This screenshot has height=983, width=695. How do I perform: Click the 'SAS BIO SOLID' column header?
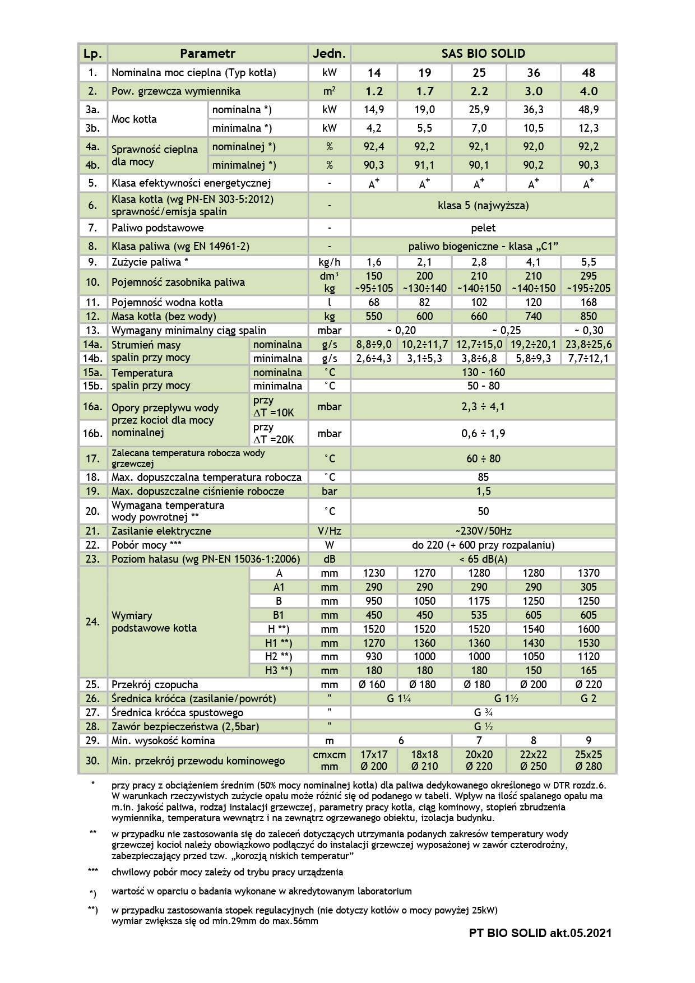click(483, 54)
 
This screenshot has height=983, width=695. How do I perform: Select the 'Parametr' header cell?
click(207, 54)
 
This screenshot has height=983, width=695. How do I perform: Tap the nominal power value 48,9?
click(588, 110)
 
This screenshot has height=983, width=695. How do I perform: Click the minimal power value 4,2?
click(374, 128)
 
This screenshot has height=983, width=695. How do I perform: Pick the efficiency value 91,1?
click(424, 165)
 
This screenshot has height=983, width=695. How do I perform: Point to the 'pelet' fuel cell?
click(483, 228)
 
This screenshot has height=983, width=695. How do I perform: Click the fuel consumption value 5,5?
click(588, 262)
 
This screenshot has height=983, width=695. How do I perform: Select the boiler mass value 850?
click(588, 316)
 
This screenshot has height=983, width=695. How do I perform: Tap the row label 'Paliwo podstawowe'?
click(157, 228)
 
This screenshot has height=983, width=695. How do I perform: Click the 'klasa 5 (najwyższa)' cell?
click(483, 206)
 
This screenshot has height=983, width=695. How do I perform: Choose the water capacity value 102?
click(479, 303)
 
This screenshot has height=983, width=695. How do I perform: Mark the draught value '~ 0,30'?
click(588, 330)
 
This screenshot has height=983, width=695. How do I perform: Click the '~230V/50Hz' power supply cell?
click(483, 531)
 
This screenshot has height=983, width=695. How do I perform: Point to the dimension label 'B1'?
click(279, 615)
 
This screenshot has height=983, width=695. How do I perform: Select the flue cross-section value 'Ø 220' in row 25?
click(588, 684)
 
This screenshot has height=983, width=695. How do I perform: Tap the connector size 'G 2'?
click(588, 698)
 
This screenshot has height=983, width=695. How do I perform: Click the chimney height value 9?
click(588, 740)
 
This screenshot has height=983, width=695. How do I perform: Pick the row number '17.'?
click(92, 458)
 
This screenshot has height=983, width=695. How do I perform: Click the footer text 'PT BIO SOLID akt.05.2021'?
click(540, 933)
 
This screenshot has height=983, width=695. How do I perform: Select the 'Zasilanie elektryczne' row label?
click(161, 531)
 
